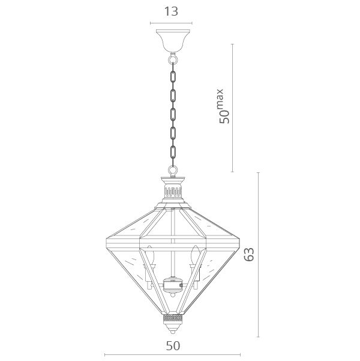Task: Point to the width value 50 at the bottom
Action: [173, 347]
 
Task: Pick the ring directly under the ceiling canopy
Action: [173, 59]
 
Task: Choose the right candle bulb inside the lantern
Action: [193, 257]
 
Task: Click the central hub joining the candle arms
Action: [173, 282]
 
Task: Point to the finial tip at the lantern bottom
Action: [173, 332]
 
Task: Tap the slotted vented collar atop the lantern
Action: [173, 192]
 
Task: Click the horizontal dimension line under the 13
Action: [173, 23]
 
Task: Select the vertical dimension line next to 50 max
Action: [232, 108]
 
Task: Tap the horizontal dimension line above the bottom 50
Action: [173, 355]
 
